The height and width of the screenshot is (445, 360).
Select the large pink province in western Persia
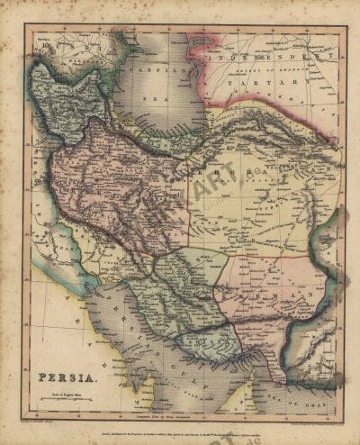(x=99, y=180)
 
